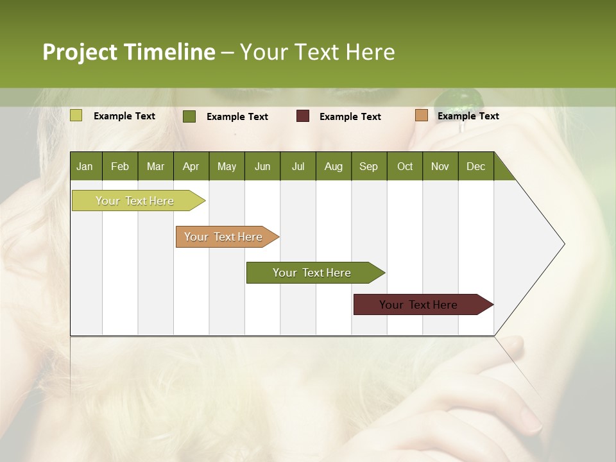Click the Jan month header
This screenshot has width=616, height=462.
click(85, 166)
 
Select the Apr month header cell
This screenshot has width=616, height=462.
click(191, 166)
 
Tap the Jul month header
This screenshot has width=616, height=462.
click(298, 166)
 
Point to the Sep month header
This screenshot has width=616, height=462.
click(368, 166)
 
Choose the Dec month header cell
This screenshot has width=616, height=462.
click(475, 166)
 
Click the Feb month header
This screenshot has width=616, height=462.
click(120, 166)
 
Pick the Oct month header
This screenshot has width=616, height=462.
click(404, 166)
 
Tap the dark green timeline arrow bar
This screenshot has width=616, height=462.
click(312, 273)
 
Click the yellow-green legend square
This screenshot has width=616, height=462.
click(76, 116)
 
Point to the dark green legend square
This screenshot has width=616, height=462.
click(189, 116)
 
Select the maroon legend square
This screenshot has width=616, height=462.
click(303, 116)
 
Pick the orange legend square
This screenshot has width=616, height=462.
click(421, 116)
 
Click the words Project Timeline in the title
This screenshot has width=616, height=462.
click(129, 52)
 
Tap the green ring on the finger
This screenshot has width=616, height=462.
click(459, 103)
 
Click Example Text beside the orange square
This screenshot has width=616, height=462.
click(468, 116)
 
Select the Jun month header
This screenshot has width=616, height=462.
click(262, 166)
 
